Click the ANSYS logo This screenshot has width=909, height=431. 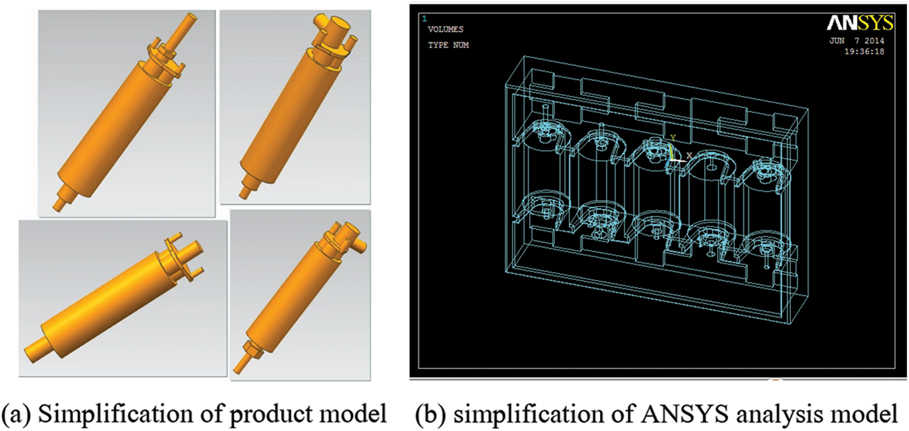(860, 23)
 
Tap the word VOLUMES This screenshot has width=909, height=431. (445, 29)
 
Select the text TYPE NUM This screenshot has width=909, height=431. (448, 45)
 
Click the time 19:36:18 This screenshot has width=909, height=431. (864, 51)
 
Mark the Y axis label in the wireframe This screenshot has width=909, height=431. (672, 138)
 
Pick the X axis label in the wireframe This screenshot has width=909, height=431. (689, 156)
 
